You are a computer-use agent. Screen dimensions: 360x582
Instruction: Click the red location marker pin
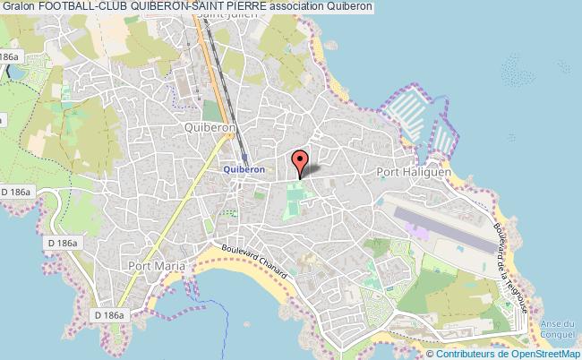pos(300,162)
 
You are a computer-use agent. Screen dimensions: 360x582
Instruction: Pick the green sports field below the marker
pos(293,201)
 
